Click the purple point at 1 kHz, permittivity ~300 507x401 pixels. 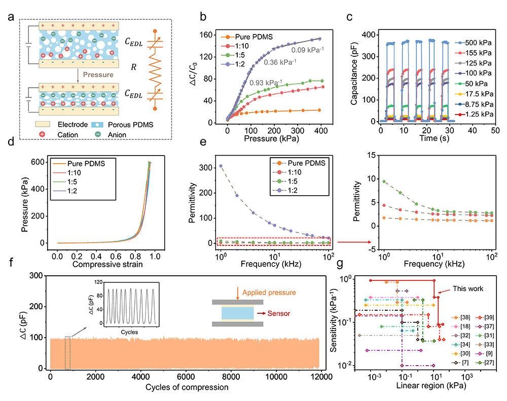(x=221, y=166)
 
